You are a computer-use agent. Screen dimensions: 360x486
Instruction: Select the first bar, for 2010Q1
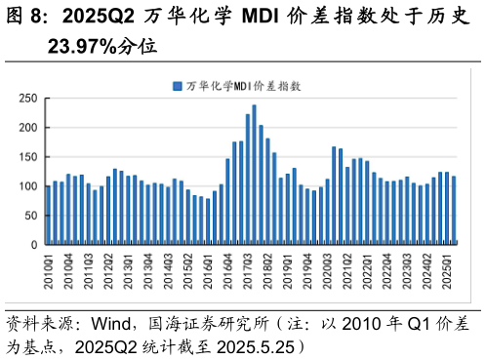(48, 215)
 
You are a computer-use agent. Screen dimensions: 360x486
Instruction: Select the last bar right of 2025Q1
(454, 210)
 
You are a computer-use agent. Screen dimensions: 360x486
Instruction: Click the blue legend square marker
(177, 86)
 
